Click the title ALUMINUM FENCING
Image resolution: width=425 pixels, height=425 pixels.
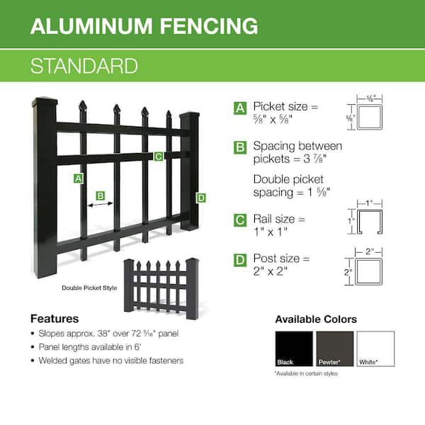click(x=144, y=26)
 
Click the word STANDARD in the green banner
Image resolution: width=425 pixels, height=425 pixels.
click(x=84, y=66)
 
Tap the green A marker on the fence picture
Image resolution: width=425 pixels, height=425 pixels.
click(x=78, y=178)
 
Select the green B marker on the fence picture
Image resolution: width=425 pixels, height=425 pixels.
click(x=101, y=194)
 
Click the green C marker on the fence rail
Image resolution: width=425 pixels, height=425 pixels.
click(x=159, y=156)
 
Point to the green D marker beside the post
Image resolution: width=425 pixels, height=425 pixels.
click(x=200, y=198)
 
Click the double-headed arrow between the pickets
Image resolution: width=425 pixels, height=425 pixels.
click(x=101, y=204)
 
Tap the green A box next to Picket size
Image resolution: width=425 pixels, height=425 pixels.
click(x=241, y=108)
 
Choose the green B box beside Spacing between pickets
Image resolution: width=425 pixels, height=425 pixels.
click(x=241, y=147)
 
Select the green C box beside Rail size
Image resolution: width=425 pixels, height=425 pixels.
click(x=241, y=220)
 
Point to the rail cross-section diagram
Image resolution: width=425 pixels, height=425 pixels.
click(x=370, y=220)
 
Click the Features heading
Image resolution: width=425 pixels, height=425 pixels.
click(x=55, y=319)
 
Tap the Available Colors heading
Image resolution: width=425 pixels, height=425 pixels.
click(x=316, y=319)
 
